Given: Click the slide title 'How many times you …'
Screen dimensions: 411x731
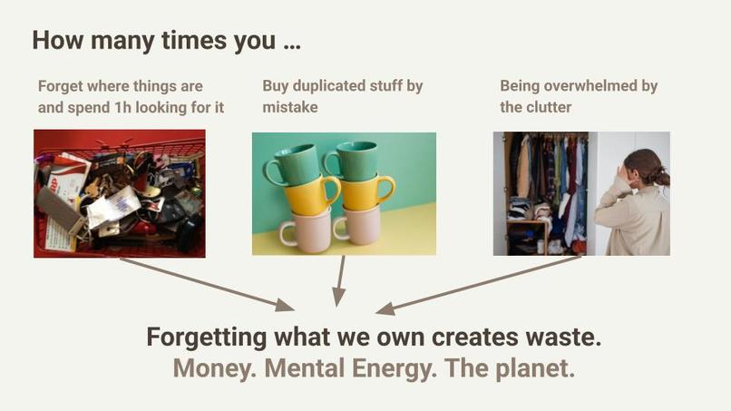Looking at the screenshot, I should pyautogui.click(x=166, y=41).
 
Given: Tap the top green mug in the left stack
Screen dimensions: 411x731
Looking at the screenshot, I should pyautogui.click(x=294, y=163).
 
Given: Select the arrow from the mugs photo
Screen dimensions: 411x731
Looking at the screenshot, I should pyautogui.click(x=341, y=281).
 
